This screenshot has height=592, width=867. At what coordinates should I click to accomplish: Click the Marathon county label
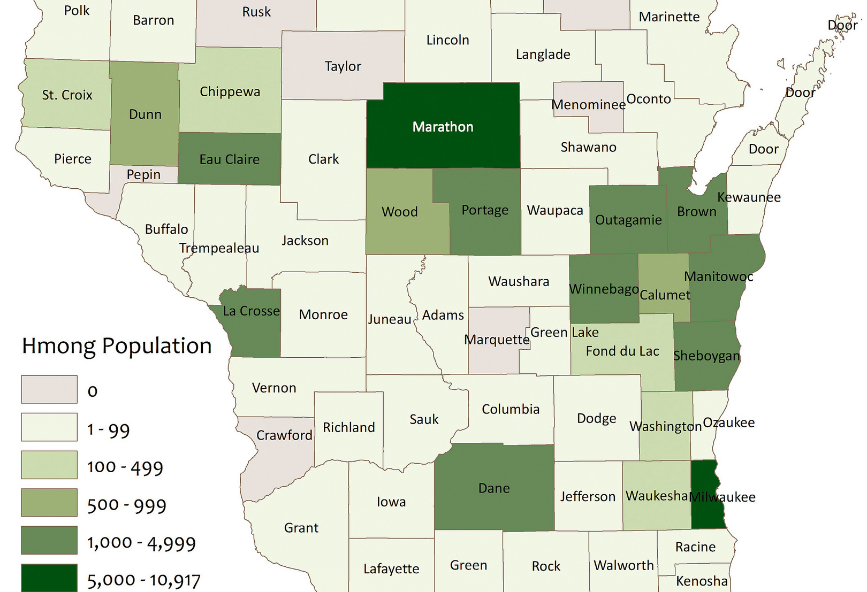click(x=443, y=127)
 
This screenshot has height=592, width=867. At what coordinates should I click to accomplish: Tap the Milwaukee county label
click(x=722, y=497)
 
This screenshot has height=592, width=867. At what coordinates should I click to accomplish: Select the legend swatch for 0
click(x=49, y=389)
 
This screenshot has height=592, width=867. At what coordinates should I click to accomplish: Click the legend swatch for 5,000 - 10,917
click(x=49, y=578)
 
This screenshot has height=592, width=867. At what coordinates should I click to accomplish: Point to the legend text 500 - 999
click(x=127, y=505)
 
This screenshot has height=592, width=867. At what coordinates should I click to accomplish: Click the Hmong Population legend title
click(x=117, y=345)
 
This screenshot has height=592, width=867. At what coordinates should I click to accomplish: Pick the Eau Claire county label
click(x=229, y=159)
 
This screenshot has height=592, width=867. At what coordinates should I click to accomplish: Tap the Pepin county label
click(x=143, y=174)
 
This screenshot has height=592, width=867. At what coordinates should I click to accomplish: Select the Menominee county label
click(x=588, y=104)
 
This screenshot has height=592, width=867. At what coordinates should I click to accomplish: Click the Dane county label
click(x=494, y=488)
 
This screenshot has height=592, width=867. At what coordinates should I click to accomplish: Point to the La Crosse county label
click(x=251, y=311)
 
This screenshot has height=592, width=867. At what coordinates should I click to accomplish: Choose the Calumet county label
click(x=665, y=295)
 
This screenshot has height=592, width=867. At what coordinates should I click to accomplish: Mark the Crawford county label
click(x=284, y=435)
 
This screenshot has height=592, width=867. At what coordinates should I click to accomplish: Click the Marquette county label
click(x=497, y=340)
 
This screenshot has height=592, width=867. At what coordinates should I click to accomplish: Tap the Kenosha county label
click(x=702, y=581)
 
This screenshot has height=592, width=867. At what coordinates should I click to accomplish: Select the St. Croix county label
click(x=67, y=95)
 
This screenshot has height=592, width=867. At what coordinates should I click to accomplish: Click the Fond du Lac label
click(x=622, y=351)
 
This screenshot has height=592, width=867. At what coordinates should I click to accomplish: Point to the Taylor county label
click(x=343, y=66)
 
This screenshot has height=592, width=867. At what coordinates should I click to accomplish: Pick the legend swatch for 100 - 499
click(x=49, y=465)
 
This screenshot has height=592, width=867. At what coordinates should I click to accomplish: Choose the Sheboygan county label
click(x=706, y=356)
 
